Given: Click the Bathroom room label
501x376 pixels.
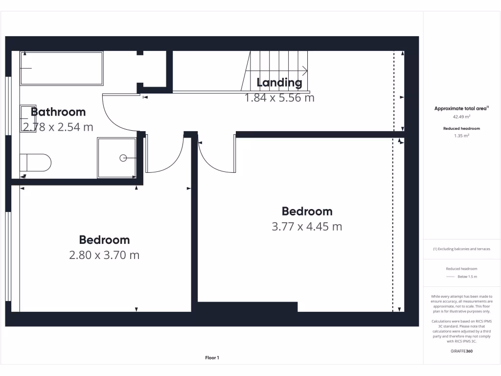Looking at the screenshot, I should coord(58,112).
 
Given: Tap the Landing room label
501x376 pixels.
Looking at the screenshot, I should coord(279,82).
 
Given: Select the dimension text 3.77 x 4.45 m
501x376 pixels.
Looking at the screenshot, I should coord(307,227).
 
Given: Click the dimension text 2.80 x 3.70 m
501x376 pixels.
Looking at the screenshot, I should coord(104,255).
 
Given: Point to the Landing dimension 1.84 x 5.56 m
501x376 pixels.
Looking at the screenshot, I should coord(279,97).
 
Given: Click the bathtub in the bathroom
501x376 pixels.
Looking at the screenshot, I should coord(62,68).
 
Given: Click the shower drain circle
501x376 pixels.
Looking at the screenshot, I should coord(123,158).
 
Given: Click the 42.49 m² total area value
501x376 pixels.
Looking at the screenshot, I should coord(462,117).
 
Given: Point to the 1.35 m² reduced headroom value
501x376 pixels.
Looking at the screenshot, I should coord(462,136).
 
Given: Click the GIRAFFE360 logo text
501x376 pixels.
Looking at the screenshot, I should coord(462,351).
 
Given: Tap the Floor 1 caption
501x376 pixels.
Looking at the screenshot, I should coord(212,358).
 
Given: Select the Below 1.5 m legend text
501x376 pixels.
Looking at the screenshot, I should coord(467,277).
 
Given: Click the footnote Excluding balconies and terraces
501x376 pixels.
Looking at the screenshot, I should coord(461,249).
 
